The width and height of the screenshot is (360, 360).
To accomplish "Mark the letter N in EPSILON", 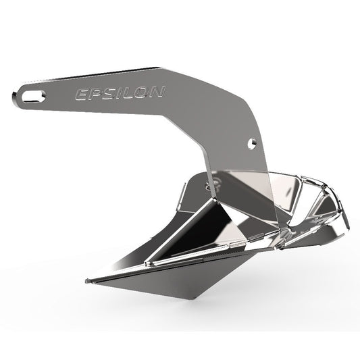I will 154,91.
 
